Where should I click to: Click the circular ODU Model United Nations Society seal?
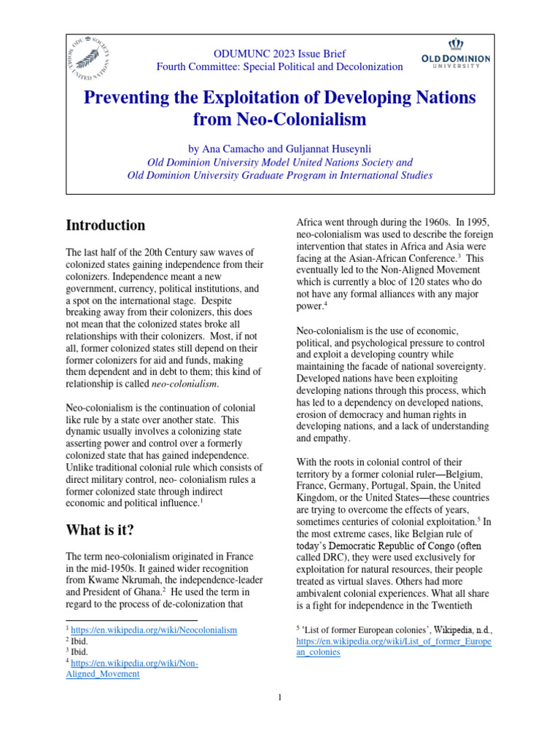pyautogui.click(x=98, y=58)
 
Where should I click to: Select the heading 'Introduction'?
pyautogui.click(x=105, y=225)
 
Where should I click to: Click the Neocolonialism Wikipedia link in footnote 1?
pyautogui.click(x=154, y=630)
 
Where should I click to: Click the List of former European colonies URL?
pyautogui.click(x=394, y=647)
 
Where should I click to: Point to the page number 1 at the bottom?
pyautogui.click(x=279, y=698)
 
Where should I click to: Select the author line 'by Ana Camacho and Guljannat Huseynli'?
pyautogui.click(x=280, y=148)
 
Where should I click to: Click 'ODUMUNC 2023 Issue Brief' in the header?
pyautogui.click(x=279, y=54)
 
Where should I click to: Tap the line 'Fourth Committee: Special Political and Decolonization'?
pyautogui.click(x=279, y=67)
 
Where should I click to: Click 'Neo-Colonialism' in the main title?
pyautogui.click(x=279, y=118)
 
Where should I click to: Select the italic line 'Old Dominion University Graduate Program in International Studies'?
pyautogui.click(x=280, y=175)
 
